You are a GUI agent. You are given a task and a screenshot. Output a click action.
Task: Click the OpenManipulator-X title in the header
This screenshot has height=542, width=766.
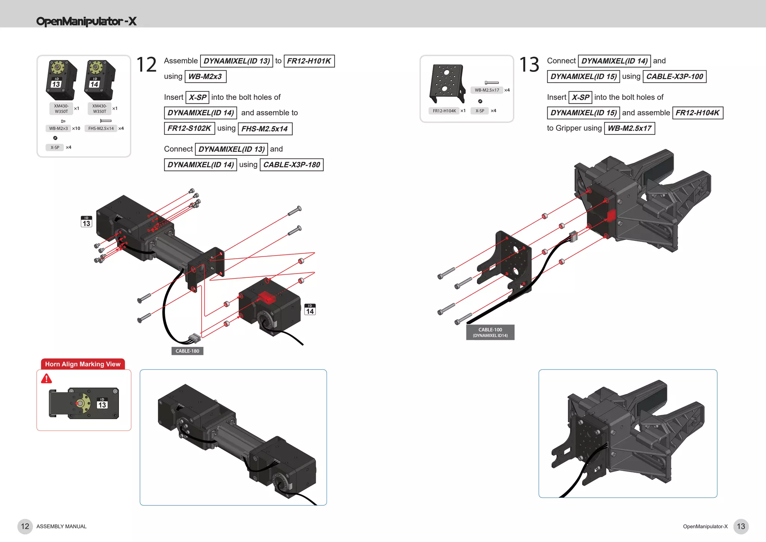click(86, 21)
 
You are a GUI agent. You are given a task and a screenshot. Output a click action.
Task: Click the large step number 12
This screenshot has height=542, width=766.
click(146, 65)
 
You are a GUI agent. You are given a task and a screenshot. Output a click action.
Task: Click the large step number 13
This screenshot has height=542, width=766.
click(529, 65)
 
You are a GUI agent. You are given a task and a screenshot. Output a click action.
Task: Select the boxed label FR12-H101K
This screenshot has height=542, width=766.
click(309, 61)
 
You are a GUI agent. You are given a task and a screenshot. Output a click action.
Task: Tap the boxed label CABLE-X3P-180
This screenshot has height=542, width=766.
click(291, 165)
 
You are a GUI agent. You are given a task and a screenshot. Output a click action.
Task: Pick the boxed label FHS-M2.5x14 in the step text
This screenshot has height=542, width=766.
click(265, 129)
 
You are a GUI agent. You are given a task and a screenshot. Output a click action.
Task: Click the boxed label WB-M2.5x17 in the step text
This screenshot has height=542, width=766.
click(629, 128)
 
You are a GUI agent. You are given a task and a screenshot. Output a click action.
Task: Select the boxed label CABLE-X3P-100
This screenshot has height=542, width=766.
click(674, 77)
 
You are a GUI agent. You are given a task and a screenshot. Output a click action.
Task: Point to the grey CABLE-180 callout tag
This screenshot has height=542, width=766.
click(187, 351)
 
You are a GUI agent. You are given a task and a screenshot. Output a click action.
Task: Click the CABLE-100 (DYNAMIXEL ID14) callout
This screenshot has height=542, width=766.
click(490, 332)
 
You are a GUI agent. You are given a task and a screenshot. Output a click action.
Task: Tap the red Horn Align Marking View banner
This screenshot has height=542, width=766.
click(83, 364)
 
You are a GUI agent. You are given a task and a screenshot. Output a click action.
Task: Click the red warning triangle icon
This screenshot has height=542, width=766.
click(46, 379)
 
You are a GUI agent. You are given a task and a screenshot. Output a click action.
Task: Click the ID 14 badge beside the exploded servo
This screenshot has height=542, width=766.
click(310, 310)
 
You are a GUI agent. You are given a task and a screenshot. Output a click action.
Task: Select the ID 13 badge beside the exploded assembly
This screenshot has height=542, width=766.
click(86, 222)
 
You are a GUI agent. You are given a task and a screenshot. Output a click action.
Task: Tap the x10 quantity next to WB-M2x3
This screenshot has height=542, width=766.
click(76, 128)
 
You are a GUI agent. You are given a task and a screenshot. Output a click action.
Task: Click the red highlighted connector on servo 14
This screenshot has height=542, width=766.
click(267, 297)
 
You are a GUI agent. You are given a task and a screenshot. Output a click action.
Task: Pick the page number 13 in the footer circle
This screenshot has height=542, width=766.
click(741, 526)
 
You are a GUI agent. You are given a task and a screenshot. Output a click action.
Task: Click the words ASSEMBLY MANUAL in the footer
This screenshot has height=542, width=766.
click(61, 527)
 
